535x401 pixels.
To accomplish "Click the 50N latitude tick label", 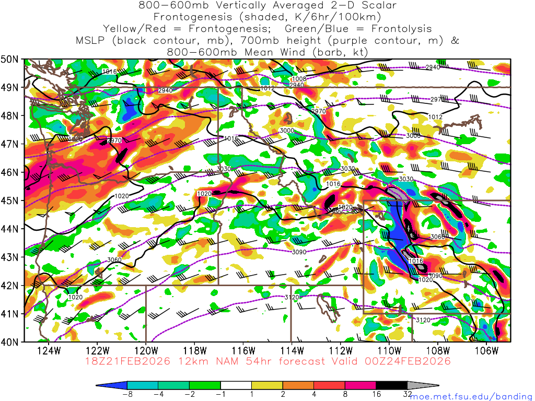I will [x=11, y=59].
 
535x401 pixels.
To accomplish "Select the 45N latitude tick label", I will [x=11, y=200].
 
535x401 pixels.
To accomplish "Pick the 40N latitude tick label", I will [x=11, y=342].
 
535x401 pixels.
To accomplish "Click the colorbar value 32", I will [x=408, y=394].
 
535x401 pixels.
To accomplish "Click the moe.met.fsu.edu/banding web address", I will [x=470, y=396].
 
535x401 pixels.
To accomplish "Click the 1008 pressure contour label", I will [x=298, y=79].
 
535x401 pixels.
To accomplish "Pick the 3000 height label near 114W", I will [x=287, y=131].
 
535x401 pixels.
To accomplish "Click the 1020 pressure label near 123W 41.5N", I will [x=76, y=297].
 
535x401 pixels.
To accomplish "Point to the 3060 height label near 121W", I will [x=114, y=260].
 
